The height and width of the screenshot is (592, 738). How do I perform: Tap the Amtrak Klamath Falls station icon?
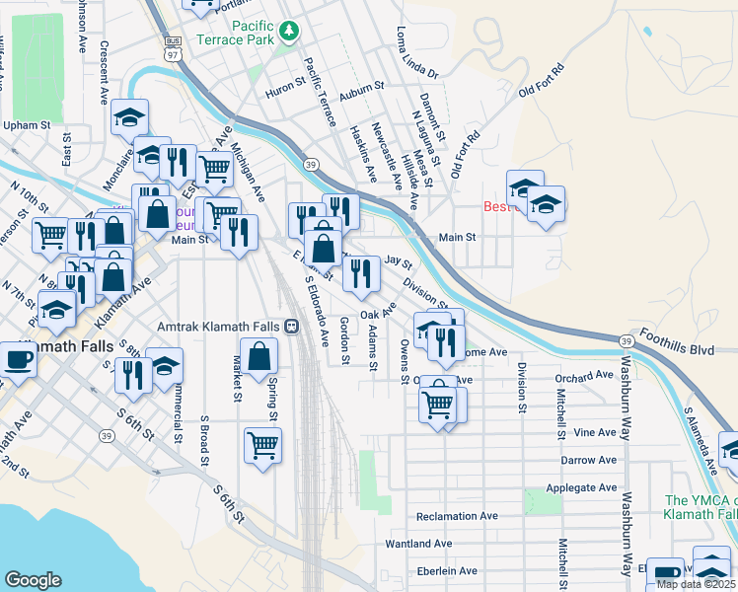click(291, 327)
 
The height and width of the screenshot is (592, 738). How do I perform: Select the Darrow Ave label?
click(588, 460)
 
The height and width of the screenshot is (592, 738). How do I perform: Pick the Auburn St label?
click(360, 88)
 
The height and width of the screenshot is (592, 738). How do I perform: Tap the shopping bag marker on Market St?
click(258, 356)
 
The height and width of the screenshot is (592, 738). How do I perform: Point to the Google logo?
click(33, 579)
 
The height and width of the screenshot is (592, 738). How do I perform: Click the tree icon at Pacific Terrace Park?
click(288, 33)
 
